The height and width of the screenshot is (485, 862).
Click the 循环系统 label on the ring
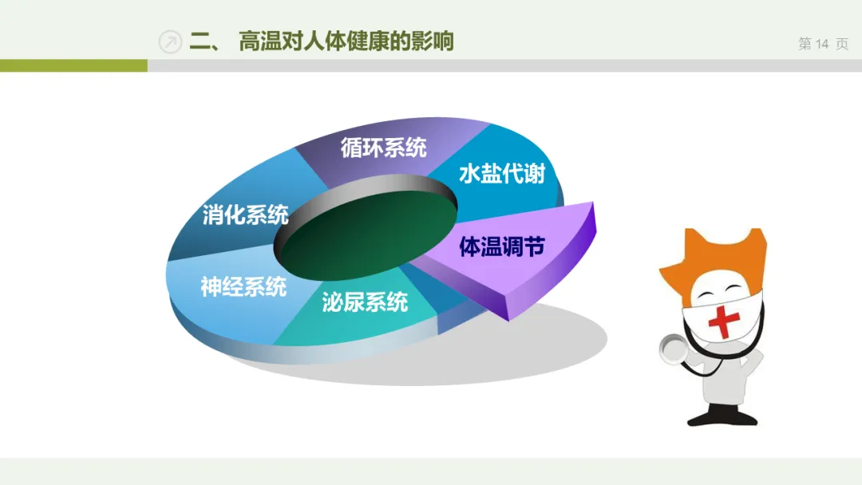pyautogui.click(x=383, y=148)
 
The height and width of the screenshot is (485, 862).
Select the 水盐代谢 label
pyautogui.click(x=501, y=174)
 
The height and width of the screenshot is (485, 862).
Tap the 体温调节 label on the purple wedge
pyautogui.click(x=502, y=246)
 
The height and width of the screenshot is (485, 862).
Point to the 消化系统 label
pyautogui.click(x=245, y=215)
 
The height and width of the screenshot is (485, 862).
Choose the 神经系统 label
pyautogui.click(x=243, y=286)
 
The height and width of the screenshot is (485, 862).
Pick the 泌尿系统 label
pyautogui.click(x=365, y=302)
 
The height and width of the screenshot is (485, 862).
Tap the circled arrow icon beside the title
pyautogui.click(x=170, y=41)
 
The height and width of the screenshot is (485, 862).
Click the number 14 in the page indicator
pyautogui.click(x=822, y=43)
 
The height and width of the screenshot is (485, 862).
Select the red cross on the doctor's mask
pyautogui.click(x=723, y=321)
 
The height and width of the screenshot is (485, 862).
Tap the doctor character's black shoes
pyautogui.click(x=722, y=416)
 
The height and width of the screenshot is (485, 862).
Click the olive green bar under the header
pyautogui.click(x=73, y=65)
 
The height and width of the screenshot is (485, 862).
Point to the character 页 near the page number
pyautogui.click(x=842, y=43)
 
